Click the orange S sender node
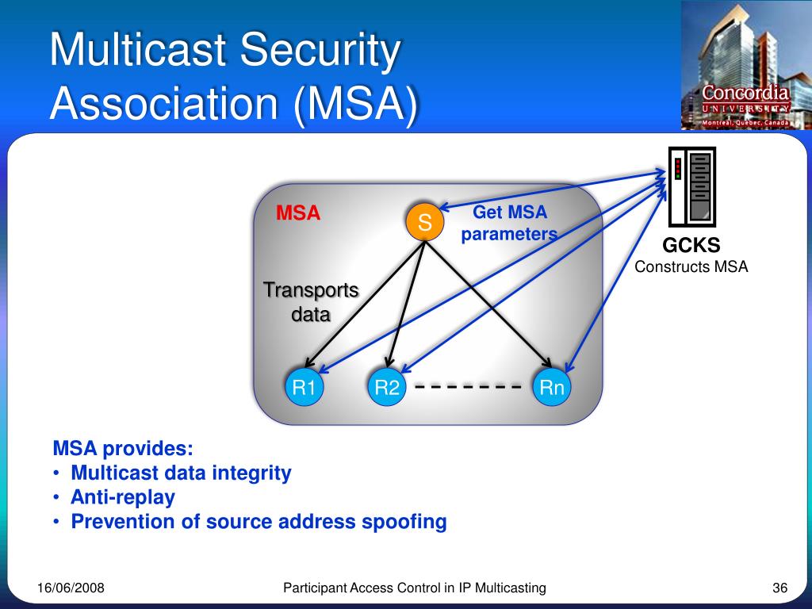424,223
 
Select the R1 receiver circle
304,388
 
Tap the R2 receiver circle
387,388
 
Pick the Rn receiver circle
552,388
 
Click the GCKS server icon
691,187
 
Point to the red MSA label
298,213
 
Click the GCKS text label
691,246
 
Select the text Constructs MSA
691,266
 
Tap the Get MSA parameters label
510,223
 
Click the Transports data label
311,302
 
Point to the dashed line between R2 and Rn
468,388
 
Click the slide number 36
779,588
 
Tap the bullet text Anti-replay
123,497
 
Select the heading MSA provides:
123,448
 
